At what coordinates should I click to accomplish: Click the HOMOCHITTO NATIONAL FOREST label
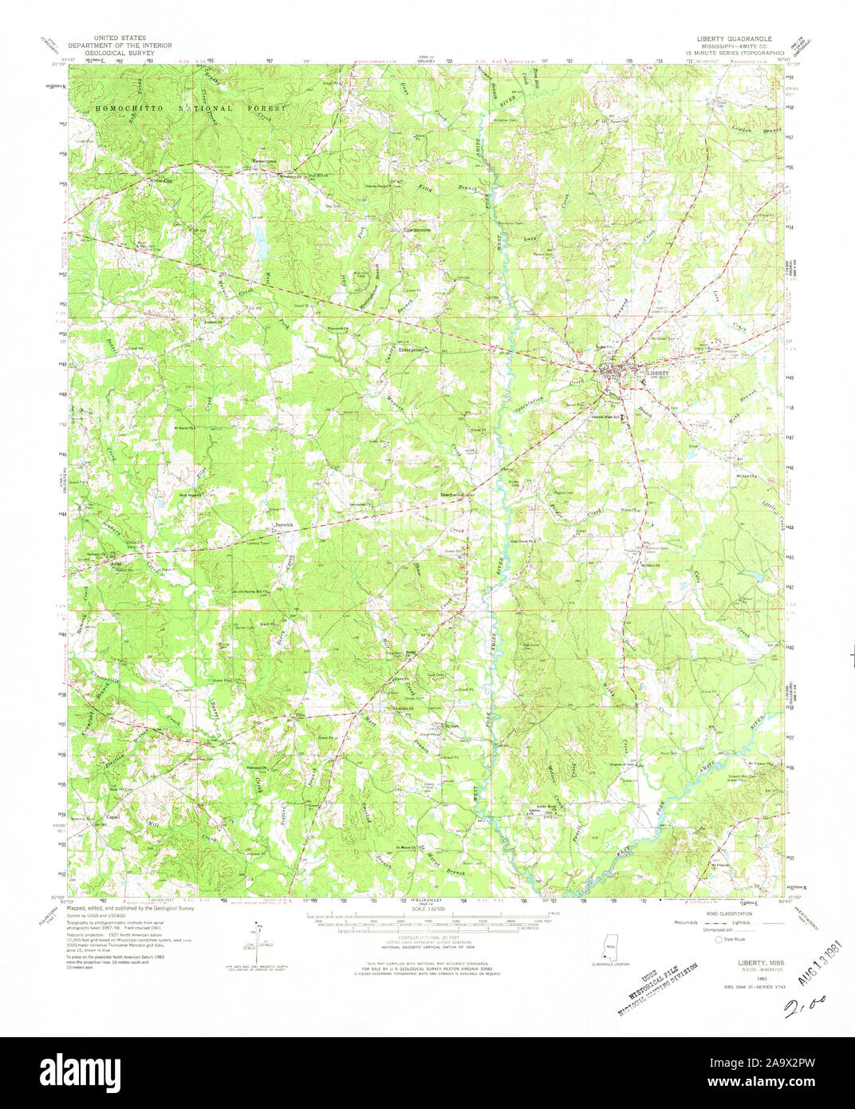coord(185,108)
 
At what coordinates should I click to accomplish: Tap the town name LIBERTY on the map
coord(658,372)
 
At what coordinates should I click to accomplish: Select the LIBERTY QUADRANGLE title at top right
coord(731,37)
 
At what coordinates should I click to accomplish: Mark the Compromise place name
coord(415,230)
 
